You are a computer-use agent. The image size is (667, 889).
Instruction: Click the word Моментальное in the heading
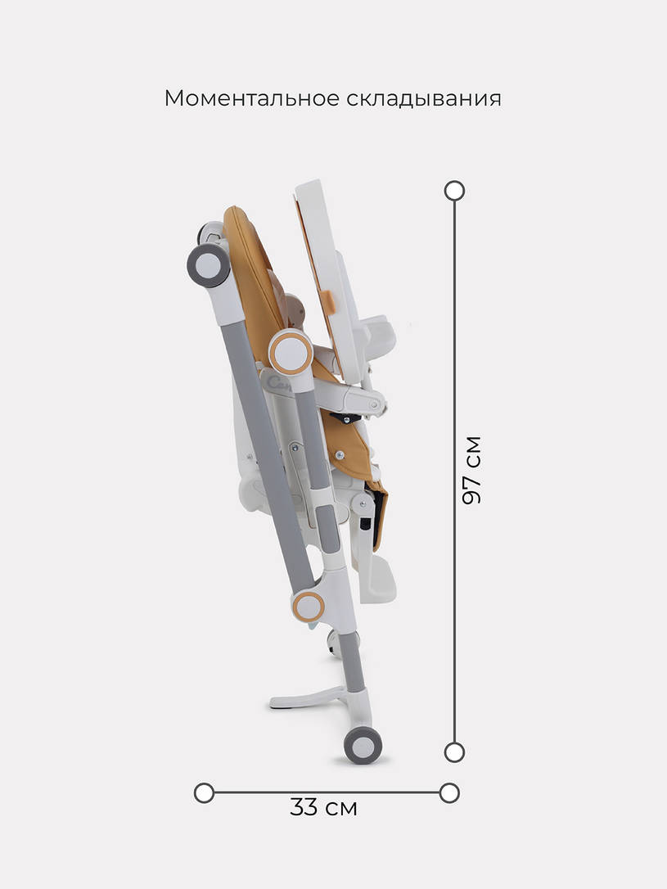[x=252, y=98]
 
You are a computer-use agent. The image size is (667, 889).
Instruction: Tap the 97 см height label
[x=471, y=470]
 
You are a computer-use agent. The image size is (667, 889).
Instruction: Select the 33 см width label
[x=323, y=807]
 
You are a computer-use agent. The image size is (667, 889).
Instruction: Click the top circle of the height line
[x=454, y=191]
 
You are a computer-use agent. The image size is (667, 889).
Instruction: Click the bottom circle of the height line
[x=454, y=752]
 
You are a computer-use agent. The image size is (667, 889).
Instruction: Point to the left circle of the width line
[x=204, y=792]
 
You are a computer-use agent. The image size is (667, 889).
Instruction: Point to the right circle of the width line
[x=449, y=792]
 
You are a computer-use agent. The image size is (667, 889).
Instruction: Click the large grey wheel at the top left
[x=208, y=265]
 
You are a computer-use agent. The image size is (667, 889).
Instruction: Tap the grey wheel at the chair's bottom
[x=363, y=745]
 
